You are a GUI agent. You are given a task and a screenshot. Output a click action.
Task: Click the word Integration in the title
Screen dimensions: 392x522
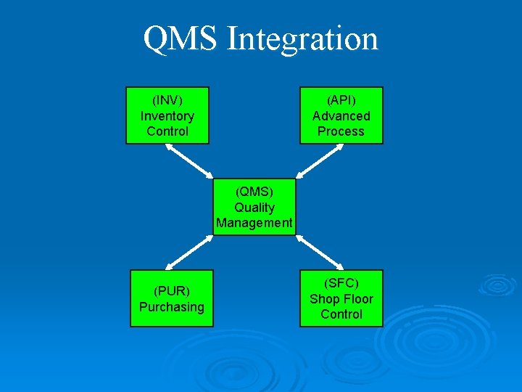tap(302, 40)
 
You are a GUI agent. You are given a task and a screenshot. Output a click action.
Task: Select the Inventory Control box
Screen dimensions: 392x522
tap(167, 115)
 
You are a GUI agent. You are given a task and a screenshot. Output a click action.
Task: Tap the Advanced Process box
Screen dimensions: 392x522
tap(341, 115)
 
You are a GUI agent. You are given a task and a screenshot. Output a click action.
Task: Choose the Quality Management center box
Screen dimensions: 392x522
tap(254, 207)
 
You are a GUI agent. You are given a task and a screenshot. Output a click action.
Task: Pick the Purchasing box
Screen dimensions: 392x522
tap(172, 298)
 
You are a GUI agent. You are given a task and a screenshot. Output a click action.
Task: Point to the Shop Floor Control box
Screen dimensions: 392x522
tap(341, 298)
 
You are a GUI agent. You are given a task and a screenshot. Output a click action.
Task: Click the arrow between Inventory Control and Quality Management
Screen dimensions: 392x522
tap(190, 160)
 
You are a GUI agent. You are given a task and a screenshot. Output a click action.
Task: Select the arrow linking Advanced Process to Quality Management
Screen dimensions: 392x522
tap(319, 160)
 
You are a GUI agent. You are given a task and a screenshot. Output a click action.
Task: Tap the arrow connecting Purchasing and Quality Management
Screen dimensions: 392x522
tap(190, 253)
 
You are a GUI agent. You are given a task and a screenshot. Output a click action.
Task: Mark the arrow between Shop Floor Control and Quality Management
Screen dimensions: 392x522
tap(320, 253)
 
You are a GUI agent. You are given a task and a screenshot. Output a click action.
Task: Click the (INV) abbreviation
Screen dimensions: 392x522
tap(167, 100)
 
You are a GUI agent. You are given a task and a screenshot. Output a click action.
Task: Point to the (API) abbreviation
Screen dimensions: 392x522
tap(341, 100)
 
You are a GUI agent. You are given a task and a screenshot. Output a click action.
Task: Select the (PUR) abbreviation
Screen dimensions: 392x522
tap(172, 291)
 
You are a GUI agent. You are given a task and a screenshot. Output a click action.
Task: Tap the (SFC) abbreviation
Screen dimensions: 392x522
tap(341, 283)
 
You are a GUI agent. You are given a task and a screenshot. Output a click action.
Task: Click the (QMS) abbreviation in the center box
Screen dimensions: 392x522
tap(254, 192)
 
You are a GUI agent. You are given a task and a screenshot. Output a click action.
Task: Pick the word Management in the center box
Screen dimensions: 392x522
tap(254, 223)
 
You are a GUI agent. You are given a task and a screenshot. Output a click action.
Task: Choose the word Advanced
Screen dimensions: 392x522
tap(341, 115)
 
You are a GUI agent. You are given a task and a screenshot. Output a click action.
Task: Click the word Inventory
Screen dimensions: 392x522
tap(167, 115)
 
